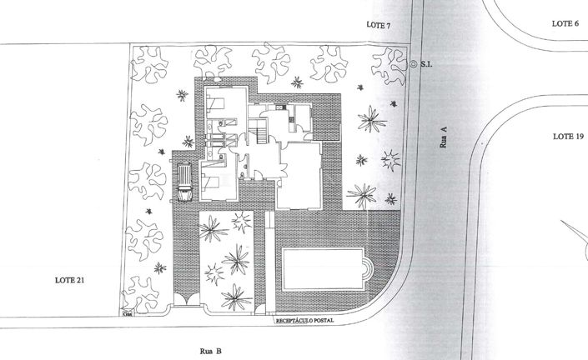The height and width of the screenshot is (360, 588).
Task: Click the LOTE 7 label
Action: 378,26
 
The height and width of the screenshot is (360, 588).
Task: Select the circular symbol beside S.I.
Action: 414,64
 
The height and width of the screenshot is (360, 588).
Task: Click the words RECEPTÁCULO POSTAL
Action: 309,319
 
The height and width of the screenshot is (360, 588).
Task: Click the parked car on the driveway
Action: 183,182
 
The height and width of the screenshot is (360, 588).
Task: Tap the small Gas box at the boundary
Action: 128,314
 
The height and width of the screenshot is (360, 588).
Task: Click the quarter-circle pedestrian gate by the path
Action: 267,309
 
